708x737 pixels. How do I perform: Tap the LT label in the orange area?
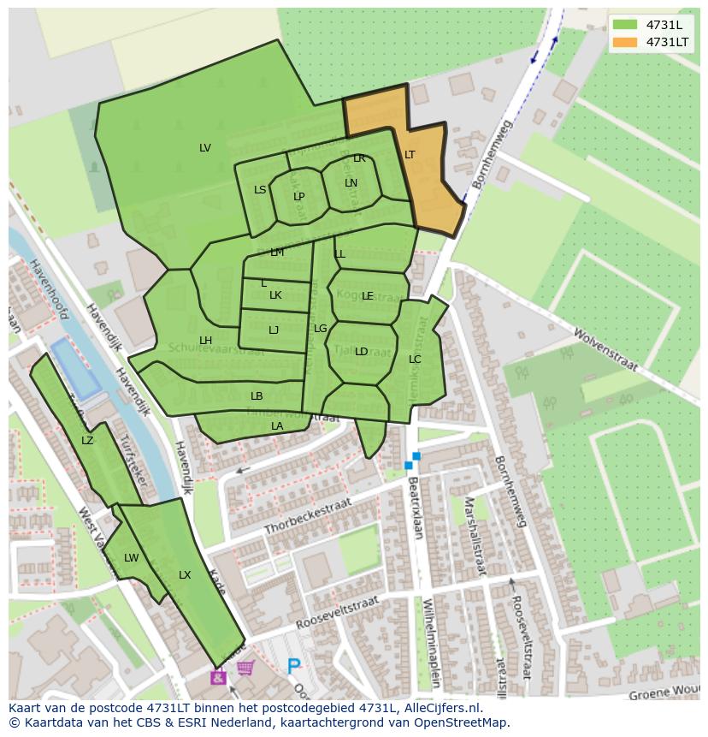click(410, 155)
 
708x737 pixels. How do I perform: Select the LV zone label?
click(205, 148)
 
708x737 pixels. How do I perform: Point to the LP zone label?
click(299, 197)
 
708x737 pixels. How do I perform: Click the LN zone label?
click(351, 183)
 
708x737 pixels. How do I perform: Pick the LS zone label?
click(260, 190)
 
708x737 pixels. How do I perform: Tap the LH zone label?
click(205, 341)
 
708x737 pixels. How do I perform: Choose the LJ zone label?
click(274, 330)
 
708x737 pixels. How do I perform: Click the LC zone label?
click(415, 360)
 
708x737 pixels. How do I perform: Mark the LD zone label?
click(361, 352)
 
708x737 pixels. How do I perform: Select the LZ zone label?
click(87, 441)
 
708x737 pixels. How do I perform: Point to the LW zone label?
click(131, 558)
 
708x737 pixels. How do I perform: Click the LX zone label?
click(185, 575)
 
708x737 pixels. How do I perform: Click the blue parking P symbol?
click(294, 666)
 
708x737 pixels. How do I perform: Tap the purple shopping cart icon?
click(245, 668)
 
